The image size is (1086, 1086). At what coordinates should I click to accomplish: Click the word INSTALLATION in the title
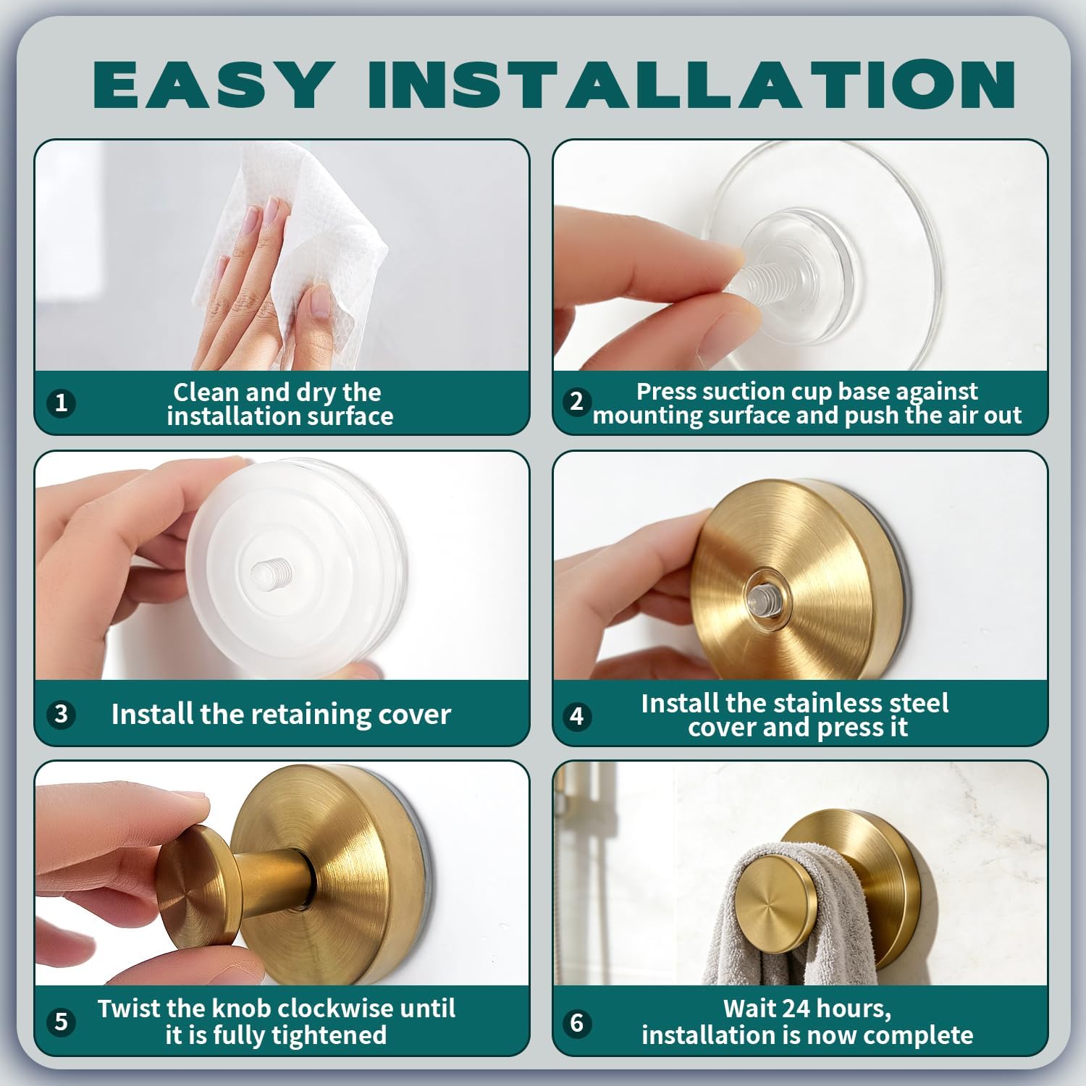(x=691, y=84)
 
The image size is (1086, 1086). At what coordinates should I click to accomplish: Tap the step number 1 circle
(x=62, y=403)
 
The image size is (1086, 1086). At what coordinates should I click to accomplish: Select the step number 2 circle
(x=576, y=401)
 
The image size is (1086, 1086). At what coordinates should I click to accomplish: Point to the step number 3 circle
(x=62, y=714)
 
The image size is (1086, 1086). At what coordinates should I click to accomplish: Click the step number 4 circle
(x=576, y=715)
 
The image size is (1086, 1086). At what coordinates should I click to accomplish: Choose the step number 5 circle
(x=62, y=1022)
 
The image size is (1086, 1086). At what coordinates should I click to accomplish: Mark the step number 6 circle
(x=576, y=1022)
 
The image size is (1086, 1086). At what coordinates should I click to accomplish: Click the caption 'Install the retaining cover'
(x=281, y=714)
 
